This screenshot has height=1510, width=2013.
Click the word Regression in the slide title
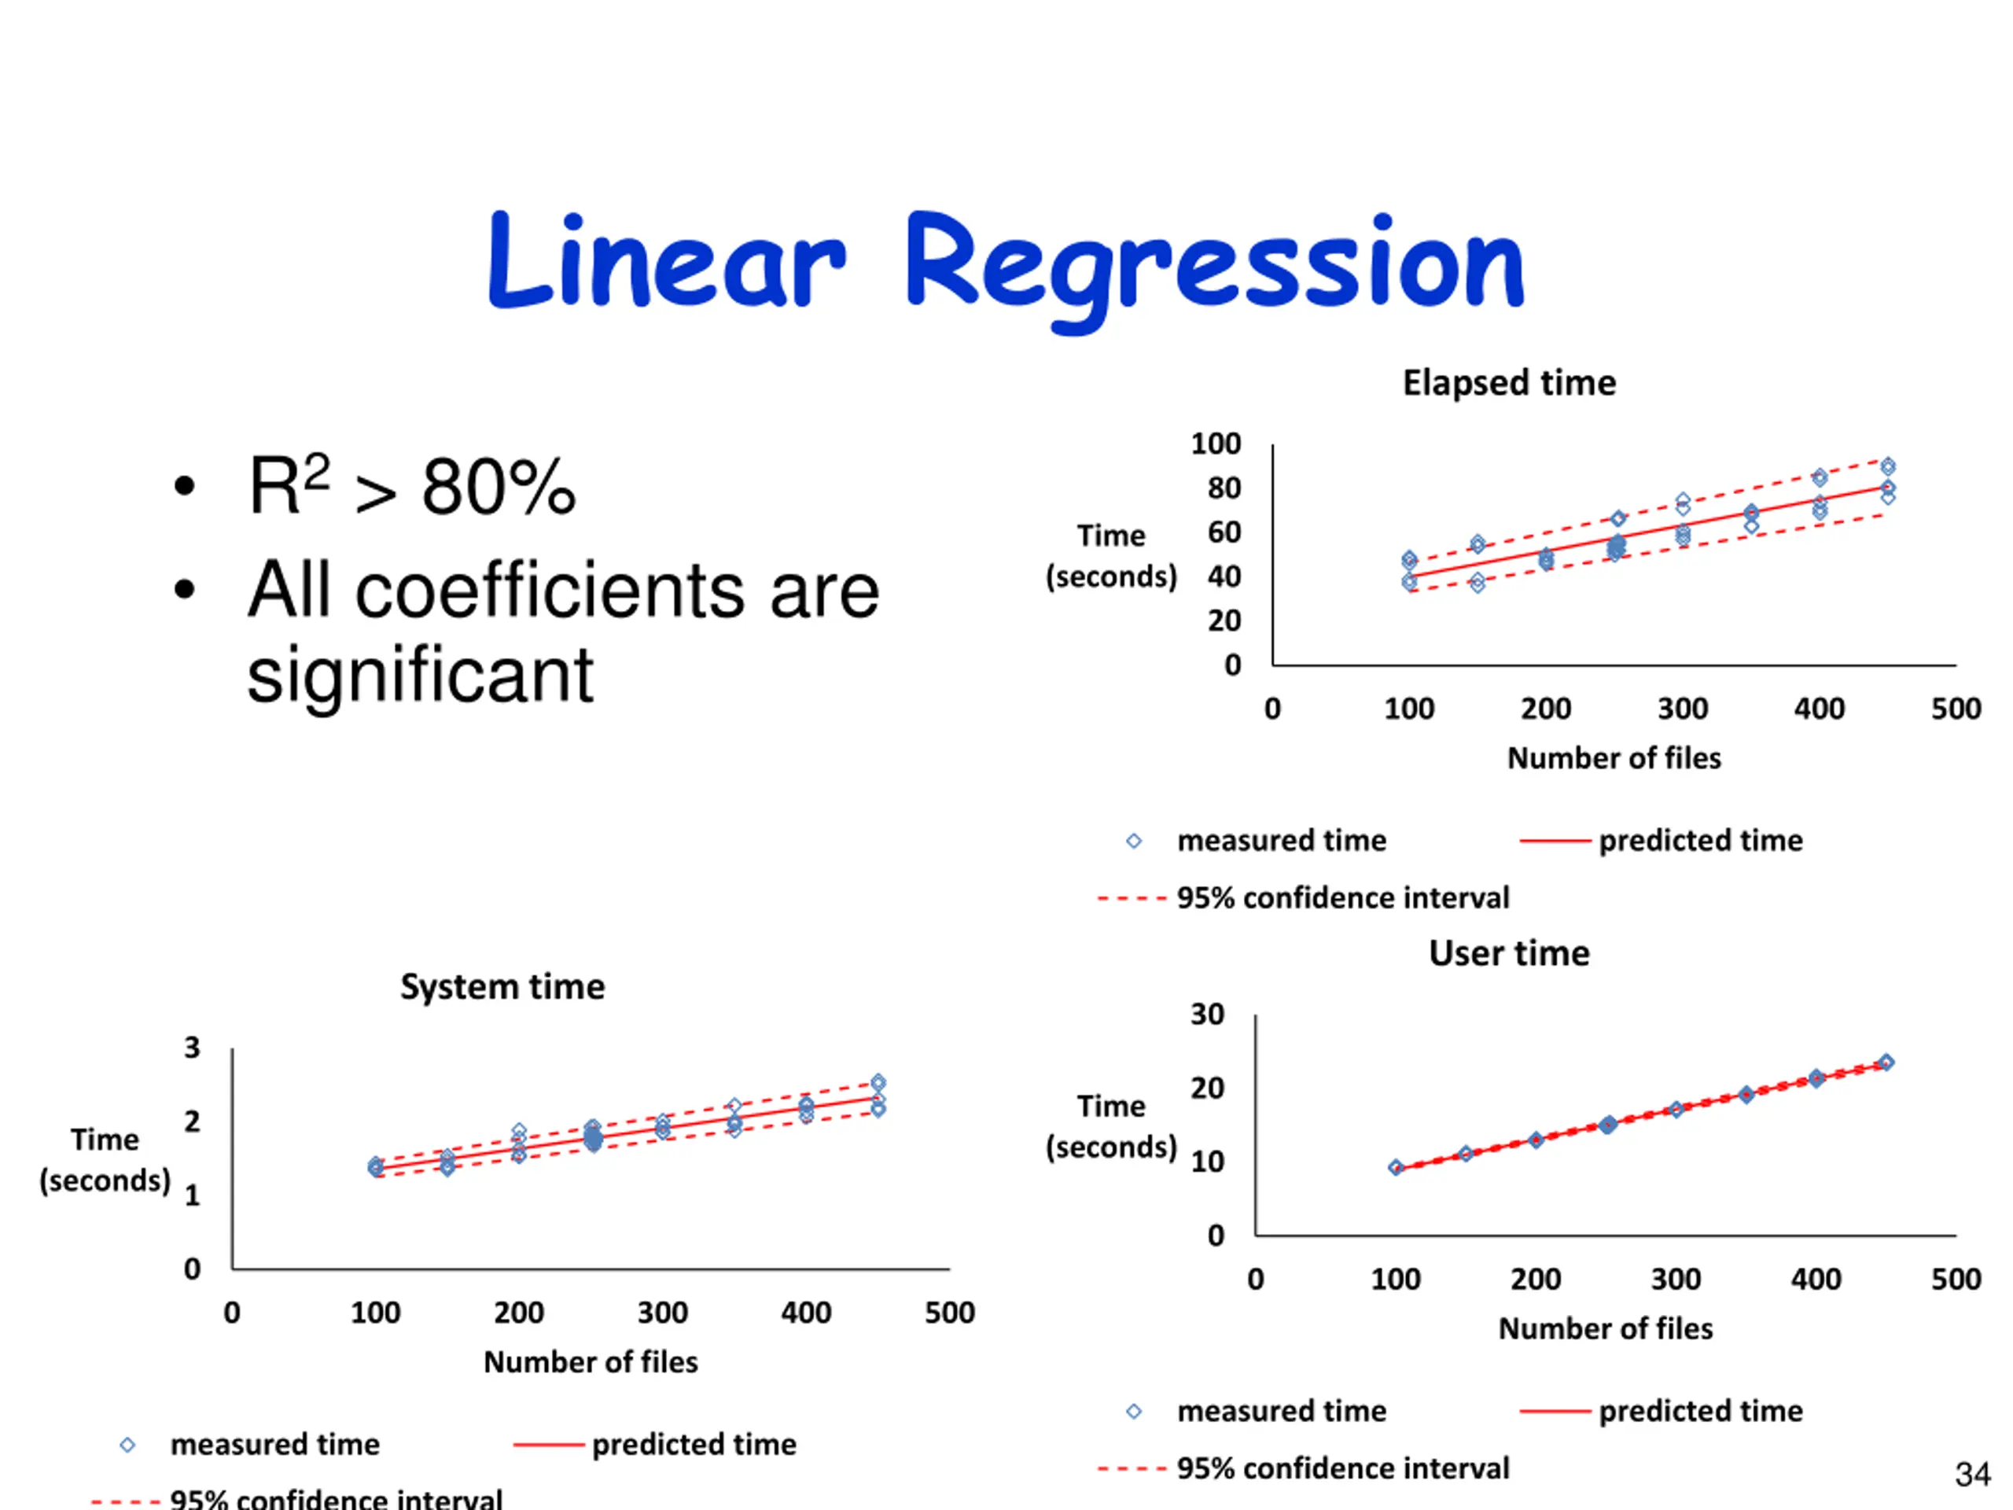pos(1214,264)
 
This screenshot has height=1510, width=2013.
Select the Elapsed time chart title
pos(1509,382)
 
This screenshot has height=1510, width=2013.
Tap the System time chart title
pos(502,987)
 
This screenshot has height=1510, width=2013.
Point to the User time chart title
pos(1509,953)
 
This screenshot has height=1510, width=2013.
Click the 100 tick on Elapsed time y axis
pos(1216,444)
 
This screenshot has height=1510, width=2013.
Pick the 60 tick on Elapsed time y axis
pos(1224,532)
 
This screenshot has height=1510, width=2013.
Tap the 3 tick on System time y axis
pos(192,1048)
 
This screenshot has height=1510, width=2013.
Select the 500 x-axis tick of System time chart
pos(949,1313)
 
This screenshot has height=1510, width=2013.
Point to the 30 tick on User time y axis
pos(1208,1014)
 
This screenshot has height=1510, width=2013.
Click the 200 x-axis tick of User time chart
pos(1535,1279)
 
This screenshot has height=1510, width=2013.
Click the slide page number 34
pos(1972,1474)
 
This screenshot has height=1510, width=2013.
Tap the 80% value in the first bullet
pos(498,487)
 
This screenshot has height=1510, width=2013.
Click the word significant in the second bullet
pos(420,675)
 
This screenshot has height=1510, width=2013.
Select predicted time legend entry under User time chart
pos(1700,1411)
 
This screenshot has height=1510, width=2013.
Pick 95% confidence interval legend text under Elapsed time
pos(1342,897)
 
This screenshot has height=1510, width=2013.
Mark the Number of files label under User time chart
pos(1606,1328)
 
